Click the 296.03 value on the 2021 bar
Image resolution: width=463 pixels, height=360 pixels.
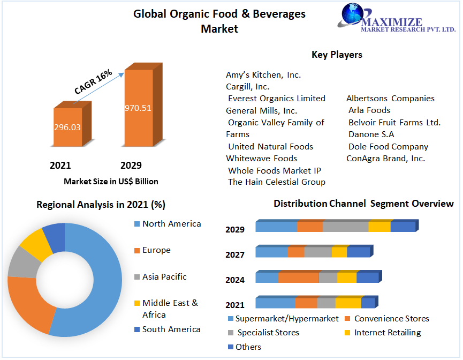(67, 127)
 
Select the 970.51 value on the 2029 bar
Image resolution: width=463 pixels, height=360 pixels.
(138, 108)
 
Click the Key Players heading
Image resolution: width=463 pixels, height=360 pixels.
(337, 55)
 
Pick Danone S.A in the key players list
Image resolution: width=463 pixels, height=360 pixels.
(371, 134)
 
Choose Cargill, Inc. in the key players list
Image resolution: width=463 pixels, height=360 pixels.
(247, 86)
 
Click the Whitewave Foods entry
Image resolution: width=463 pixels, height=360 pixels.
(261, 159)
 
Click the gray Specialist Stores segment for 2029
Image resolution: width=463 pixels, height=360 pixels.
(345, 227)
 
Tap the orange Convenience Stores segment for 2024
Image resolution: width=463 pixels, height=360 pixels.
(298, 277)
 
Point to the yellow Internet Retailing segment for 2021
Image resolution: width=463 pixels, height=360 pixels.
(348, 303)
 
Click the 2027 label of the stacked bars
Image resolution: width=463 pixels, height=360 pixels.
(235, 255)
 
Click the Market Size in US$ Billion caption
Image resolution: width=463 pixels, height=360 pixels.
(111, 182)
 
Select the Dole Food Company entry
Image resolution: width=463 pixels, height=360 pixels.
(388, 147)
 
